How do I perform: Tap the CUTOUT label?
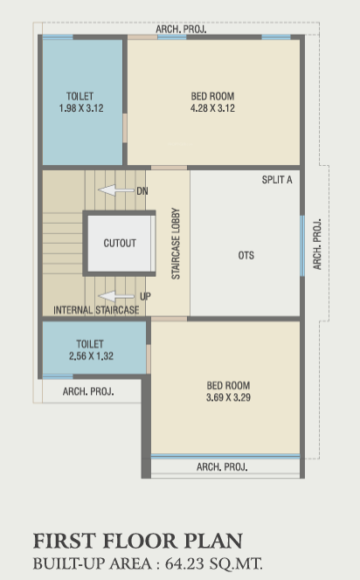pos(120,243)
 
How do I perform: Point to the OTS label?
pos(246,256)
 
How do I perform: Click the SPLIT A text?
pos(277,179)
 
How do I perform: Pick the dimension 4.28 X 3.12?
pos(213,108)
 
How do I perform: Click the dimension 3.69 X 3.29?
pos(228,397)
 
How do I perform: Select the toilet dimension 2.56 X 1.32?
pos(92,356)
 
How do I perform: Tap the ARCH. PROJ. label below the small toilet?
pos(88,391)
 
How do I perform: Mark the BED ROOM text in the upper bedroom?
pos(213,96)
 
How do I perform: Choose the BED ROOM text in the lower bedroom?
pos(228,385)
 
